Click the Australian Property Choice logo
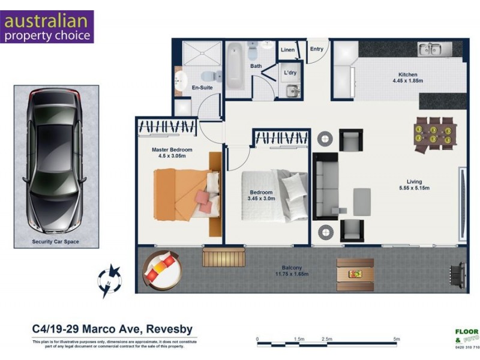click(47, 27)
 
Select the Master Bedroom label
click(172, 152)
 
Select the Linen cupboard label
click(287, 50)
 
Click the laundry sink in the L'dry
click(292, 90)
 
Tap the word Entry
click(316, 49)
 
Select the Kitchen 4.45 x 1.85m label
click(404, 78)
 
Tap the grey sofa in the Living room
click(327, 187)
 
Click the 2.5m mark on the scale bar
click(327, 340)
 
